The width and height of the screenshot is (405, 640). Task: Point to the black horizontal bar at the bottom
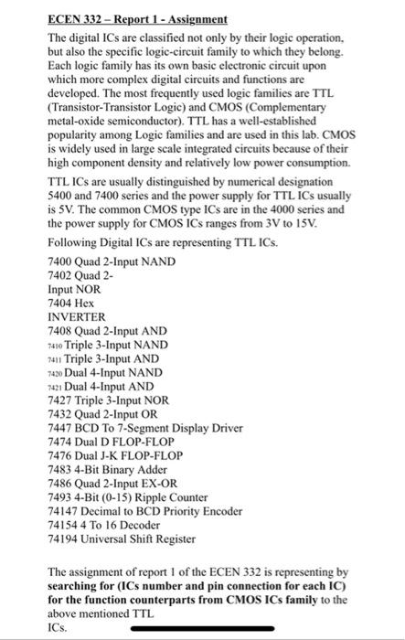[x=202, y=629]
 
